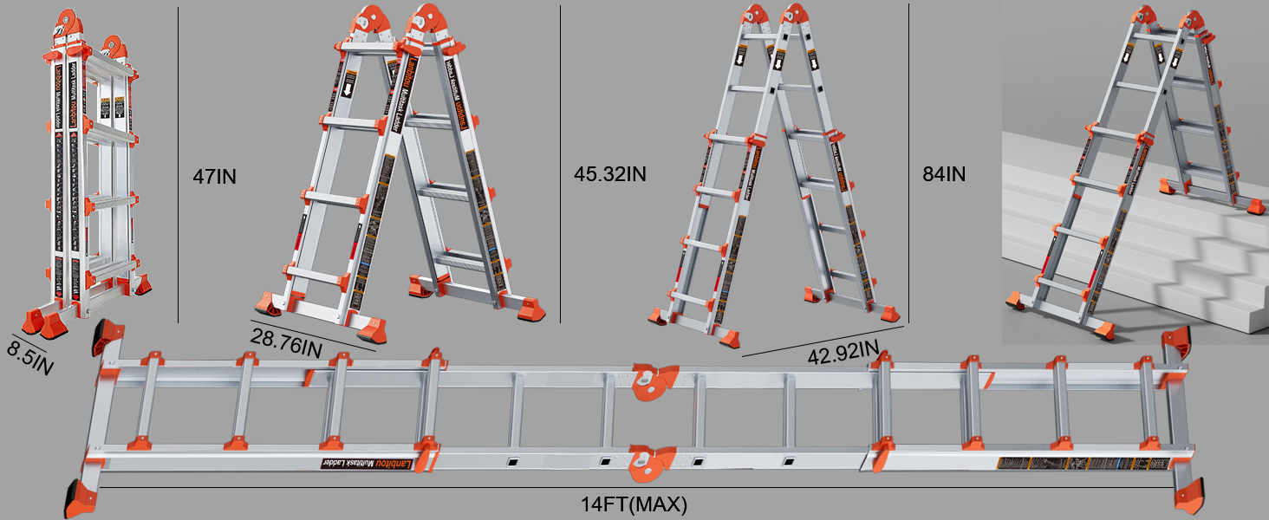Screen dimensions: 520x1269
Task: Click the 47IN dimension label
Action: (214, 177)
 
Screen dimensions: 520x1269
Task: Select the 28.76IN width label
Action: (288, 342)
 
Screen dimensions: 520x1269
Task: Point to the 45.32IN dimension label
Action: (609, 173)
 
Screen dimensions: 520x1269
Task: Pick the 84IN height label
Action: (944, 173)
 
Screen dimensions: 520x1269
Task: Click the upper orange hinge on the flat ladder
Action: (652, 381)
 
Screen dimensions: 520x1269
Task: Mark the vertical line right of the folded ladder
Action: (178, 165)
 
